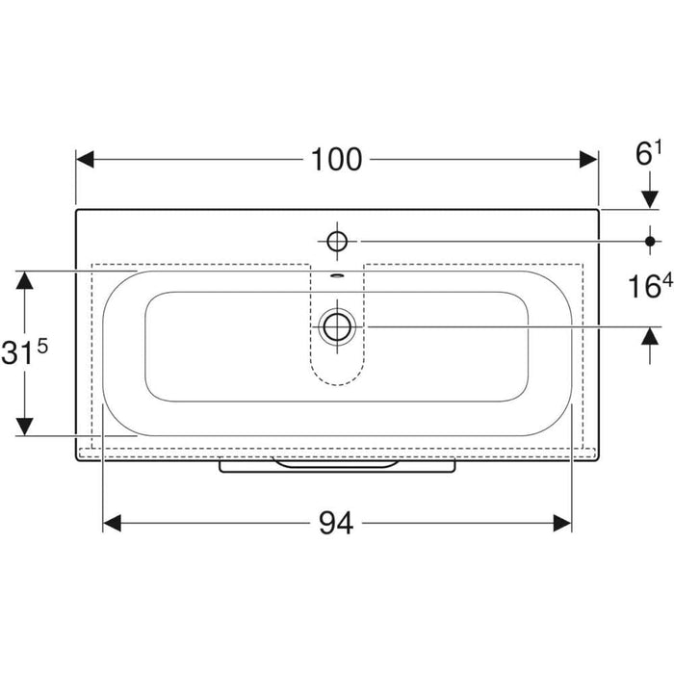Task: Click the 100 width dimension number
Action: click(336, 160)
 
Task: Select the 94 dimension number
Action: click(336, 523)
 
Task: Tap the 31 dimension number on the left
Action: click(17, 353)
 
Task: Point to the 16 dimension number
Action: click(644, 287)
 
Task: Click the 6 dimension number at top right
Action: click(643, 154)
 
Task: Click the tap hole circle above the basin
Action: click(337, 242)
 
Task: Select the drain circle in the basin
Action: click(337, 326)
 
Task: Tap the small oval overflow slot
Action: click(337, 275)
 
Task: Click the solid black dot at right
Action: click(650, 242)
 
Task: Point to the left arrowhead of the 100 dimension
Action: click(85, 160)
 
